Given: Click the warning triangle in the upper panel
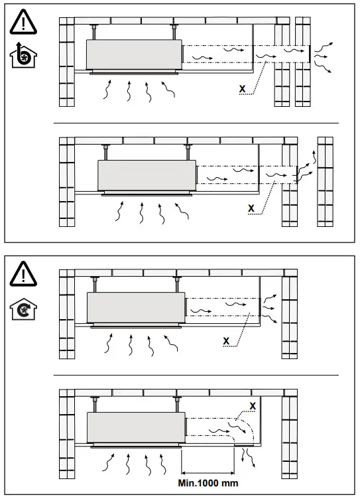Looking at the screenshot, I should (x=23, y=24).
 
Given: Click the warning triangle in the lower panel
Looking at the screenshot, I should (x=23, y=273).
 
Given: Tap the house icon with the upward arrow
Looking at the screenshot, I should (x=24, y=57).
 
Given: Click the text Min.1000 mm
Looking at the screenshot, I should (x=208, y=483).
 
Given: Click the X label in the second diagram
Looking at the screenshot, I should (x=251, y=208).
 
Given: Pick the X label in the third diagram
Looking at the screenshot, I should (x=227, y=341).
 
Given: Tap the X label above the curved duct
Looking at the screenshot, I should (x=253, y=405).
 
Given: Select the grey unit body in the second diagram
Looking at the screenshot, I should (x=146, y=175).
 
